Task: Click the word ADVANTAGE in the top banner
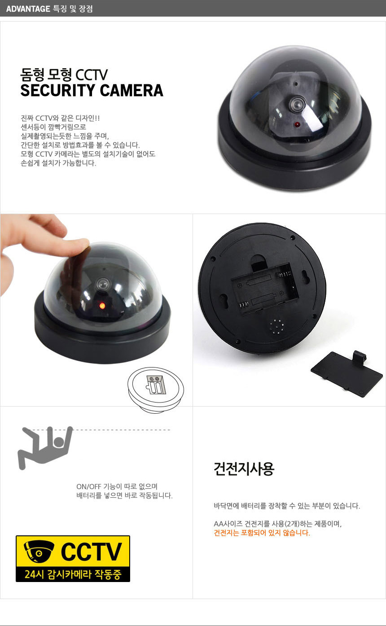28,9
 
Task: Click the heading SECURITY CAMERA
92,90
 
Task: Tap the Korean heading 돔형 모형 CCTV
64,74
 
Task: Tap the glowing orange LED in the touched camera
102,306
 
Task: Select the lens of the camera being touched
103,285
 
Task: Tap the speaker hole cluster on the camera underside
277,326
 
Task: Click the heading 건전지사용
244,468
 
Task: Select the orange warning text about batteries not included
262,533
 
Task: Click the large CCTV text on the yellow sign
92,552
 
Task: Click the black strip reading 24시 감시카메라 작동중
73,574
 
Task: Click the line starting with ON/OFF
117,486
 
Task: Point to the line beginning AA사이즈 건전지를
277,524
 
